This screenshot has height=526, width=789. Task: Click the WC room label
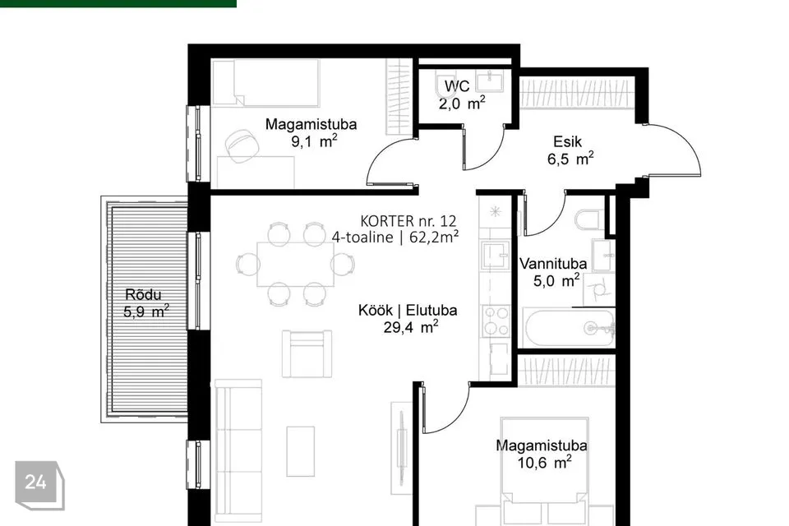pos(457,85)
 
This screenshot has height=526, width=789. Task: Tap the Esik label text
pos(567,141)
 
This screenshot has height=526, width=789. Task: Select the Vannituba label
pos(553,264)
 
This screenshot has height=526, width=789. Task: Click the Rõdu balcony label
pos(143,294)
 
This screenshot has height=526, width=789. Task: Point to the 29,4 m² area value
pos(411,327)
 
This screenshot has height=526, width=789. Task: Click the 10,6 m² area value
pos(544,462)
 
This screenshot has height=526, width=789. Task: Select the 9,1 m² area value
pos(314,141)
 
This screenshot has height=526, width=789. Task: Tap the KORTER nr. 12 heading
pos(408,220)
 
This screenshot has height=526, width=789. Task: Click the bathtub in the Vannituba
pos(569,328)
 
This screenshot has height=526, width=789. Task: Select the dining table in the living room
pos(295,265)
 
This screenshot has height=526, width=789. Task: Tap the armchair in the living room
pos(307,353)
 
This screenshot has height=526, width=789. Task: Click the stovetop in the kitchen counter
pos(496,321)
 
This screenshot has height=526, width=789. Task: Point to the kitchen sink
pos(496,256)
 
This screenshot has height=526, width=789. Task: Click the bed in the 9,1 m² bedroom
pos(265,83)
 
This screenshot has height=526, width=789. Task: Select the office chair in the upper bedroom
pos(242,145)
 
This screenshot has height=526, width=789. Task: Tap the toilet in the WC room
pos(445,85)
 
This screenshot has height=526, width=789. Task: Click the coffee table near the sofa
pos(301,451)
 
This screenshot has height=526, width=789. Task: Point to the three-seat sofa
pos(238,451)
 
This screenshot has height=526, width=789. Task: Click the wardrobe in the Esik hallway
pos(577,93)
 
